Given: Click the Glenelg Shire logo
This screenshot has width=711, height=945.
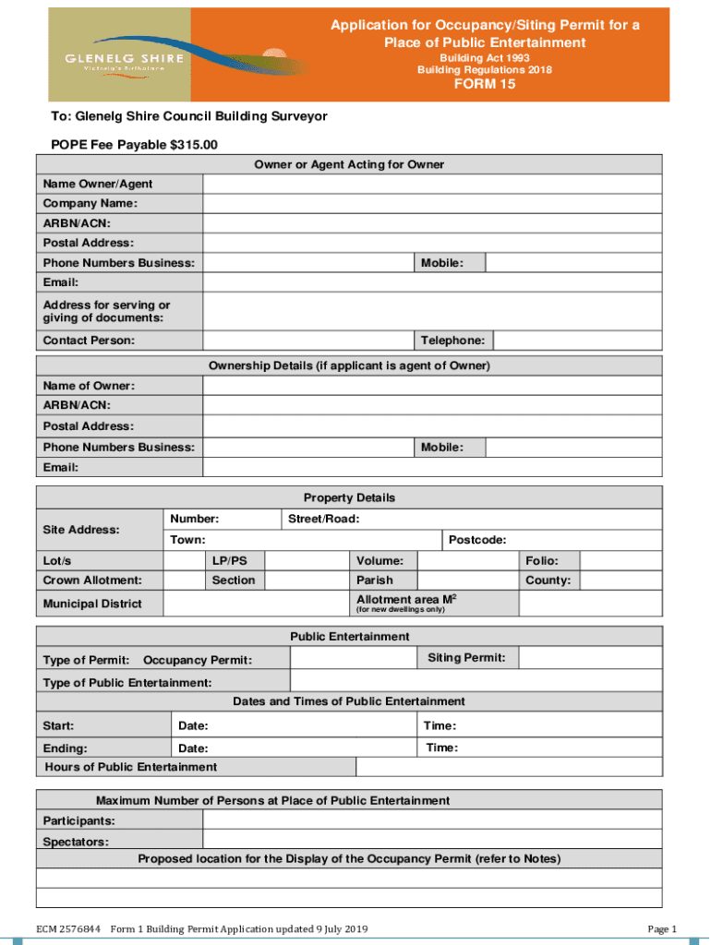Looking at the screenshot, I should coord(120,55).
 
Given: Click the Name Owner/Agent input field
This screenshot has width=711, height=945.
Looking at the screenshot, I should coord(432,184).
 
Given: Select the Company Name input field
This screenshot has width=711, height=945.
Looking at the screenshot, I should coord(432,203).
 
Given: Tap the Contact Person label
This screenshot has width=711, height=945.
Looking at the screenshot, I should coord(89,341).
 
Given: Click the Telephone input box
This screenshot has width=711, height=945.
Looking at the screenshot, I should coord(578,341).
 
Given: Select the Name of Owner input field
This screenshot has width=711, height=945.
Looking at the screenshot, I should coord(432,386).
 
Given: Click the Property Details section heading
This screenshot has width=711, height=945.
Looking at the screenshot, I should coord(349,497).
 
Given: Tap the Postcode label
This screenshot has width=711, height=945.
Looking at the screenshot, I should coord(476,540).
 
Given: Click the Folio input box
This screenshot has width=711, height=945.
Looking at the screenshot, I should coord(621,560).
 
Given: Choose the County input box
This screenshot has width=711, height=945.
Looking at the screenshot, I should coord(621,580).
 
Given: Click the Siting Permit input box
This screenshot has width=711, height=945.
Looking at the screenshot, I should coord(590,658).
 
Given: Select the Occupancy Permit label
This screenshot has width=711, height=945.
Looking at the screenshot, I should coord(198,660).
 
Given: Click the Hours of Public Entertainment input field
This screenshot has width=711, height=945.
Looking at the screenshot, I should coord(509,767).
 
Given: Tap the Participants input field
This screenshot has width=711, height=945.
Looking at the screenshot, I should coord(432,820).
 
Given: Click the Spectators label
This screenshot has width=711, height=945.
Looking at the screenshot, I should coord(76,842).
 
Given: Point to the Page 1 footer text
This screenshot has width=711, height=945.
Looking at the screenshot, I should coord(663,928).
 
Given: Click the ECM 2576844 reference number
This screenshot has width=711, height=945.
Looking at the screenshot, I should coord(68,928).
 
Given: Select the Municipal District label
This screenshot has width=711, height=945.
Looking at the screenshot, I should coord(92,604).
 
